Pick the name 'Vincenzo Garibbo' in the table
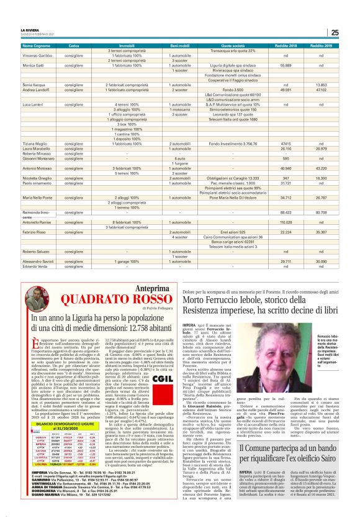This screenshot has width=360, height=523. (38, 56)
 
